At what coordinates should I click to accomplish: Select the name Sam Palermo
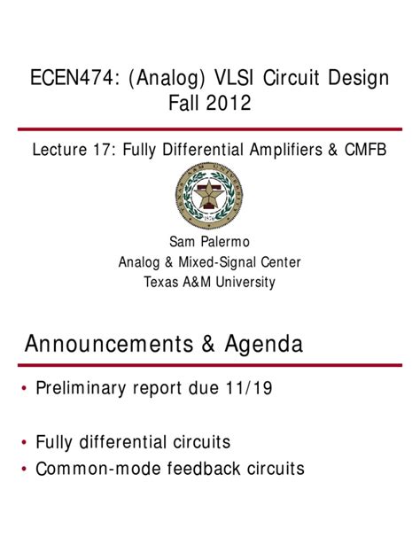pos(210,242)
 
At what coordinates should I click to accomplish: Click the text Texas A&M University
pos(210,283)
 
